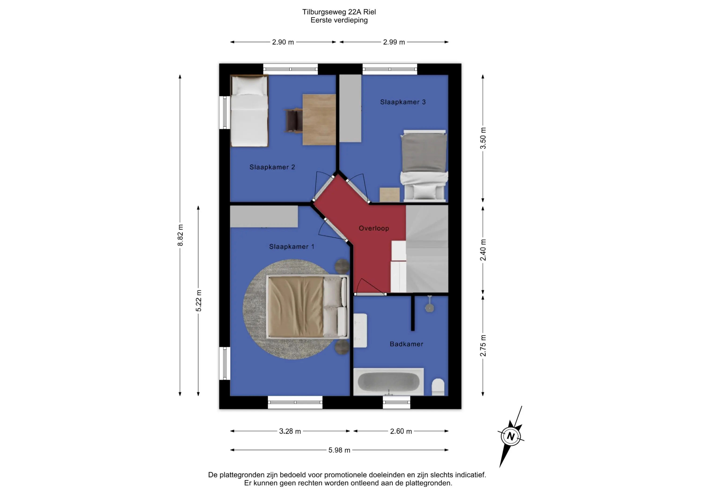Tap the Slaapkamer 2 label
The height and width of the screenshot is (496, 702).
(272, 167)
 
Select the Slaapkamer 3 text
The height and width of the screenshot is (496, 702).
(403, 102)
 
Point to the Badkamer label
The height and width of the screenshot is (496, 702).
(406, 344)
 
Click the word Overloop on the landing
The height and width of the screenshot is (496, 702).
(374, 228)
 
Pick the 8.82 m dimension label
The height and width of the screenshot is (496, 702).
(180, 235)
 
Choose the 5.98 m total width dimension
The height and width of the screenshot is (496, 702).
(339, 450)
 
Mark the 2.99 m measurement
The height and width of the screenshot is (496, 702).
(394, 42)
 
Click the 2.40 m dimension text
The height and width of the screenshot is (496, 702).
(483, 250)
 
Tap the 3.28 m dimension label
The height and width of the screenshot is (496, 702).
(290, 431)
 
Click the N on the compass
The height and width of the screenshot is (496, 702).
(510, 436)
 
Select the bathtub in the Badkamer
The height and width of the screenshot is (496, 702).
(388, 382)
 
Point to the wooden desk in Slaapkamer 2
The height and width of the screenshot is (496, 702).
(319, 119)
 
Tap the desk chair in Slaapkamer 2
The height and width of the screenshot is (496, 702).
(293, 121)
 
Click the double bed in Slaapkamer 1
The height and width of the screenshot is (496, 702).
(307, 307)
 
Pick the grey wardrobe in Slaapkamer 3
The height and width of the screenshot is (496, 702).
(350, 109)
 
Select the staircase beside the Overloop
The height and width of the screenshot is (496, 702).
(427, 249)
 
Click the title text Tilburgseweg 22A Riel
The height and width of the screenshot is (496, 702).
(339, 12)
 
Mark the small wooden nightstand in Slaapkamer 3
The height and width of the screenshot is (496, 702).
(390, 195)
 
